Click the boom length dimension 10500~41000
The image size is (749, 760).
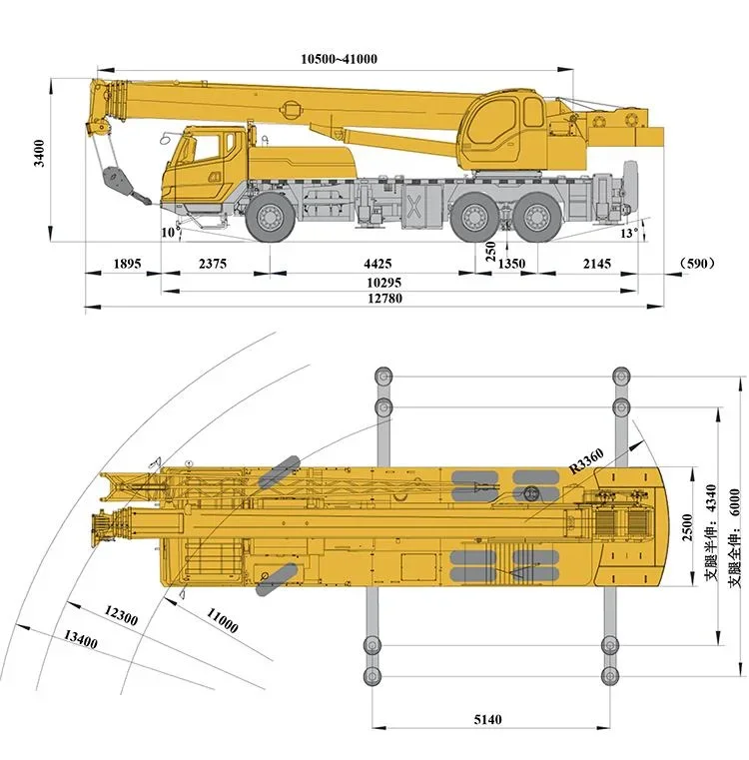click(x=339, y=58)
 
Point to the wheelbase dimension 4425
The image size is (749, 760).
click(x=376, y=264)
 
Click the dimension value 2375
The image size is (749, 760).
click(x=213, y=264)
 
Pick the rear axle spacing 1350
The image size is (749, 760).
click(x=511, y=264)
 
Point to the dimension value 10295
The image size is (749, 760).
click(x=376, y=283)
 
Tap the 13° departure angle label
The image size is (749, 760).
click(x=627, y=233)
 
